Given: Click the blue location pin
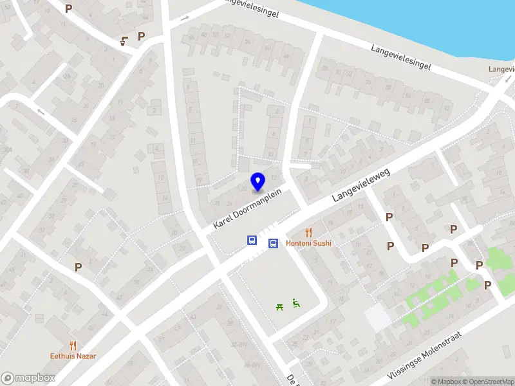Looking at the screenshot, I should pos(257,181).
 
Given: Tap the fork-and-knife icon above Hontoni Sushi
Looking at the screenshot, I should pos(308,233).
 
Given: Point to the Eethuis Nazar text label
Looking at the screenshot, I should pos(73,355).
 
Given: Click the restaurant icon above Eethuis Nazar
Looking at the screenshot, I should pos(73,345).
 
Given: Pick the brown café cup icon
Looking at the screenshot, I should pos(124,41).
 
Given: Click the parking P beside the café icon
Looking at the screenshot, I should pos(141,36).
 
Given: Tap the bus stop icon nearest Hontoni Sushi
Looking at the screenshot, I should pos(273,243).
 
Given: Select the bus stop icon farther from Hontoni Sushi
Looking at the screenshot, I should pos(252,241).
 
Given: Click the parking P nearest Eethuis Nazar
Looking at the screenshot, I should pos(79,266).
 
